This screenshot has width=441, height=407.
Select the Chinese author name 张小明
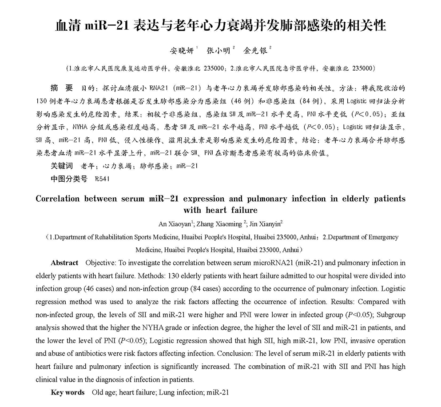[218, 51]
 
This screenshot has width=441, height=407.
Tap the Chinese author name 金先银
[256, 51]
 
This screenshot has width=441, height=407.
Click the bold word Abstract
[64, 263]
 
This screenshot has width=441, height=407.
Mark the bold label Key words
[68, 392]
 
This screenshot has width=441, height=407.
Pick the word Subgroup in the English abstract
[390, 315]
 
